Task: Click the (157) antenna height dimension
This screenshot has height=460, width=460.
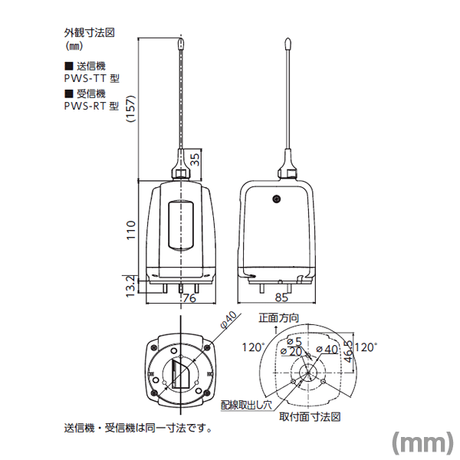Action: (x=131, y=109)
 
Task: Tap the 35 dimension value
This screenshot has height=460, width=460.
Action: (x=195, y=159)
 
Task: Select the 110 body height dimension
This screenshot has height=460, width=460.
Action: (x=131, y=230)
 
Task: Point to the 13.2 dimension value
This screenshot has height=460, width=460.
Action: (x=130, y=286)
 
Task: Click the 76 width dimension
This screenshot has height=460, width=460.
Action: (x=189, y=298)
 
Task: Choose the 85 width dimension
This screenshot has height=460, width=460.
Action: (x=281, y=297)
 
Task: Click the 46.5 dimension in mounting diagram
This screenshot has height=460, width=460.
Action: (x=348, y=351)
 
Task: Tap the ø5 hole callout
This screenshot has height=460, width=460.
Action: (x=294, y=341)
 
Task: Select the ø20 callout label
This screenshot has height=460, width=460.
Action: (x=291, y=351)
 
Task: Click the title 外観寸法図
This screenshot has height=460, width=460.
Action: (x=90, y=33)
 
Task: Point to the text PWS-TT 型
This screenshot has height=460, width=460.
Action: (x=92, y=78)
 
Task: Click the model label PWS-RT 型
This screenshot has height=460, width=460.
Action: (x=91, y=106)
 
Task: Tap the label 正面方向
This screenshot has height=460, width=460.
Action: (x=279, y=317)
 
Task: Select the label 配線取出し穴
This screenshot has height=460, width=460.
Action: (x=246, y=405)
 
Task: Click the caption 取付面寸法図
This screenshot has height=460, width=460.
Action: (x=310, y=417)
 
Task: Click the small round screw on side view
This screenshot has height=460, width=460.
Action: (x=276, y=199)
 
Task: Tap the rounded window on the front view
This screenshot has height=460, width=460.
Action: (x=181, y=225)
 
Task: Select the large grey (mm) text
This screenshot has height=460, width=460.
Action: (x=422, y=442)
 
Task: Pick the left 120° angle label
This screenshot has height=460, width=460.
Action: (x=253, y=347)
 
